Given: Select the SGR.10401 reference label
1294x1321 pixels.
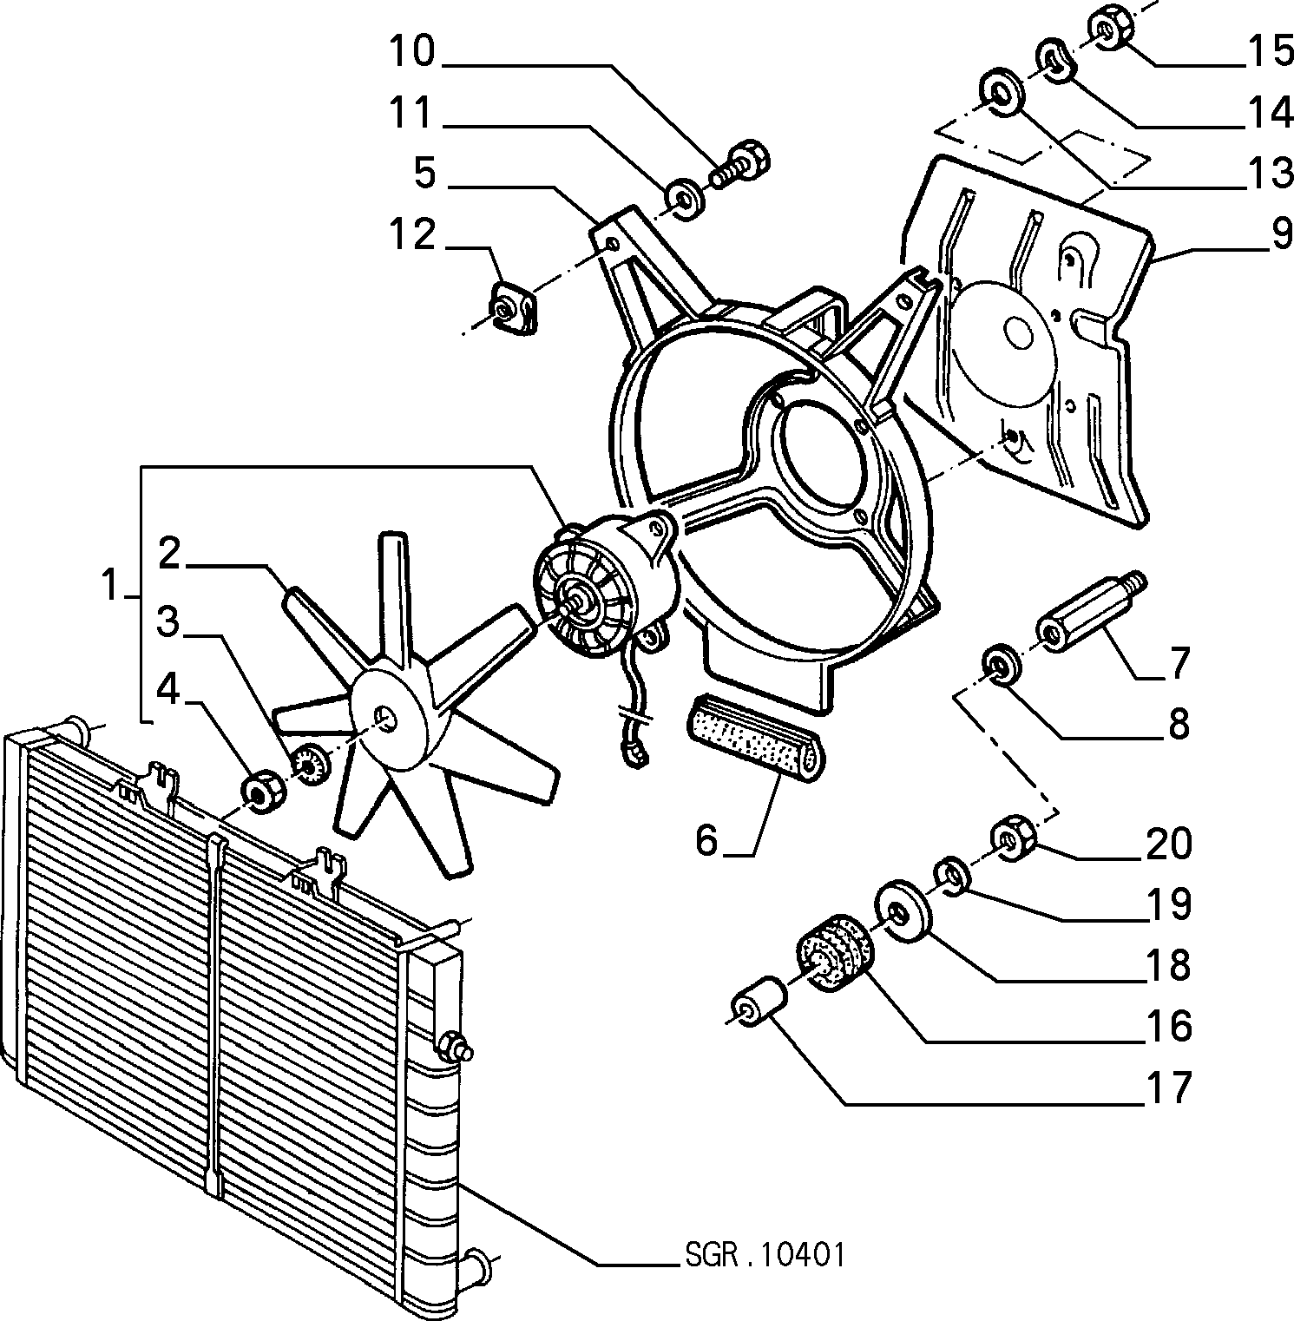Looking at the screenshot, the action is [764, 1254].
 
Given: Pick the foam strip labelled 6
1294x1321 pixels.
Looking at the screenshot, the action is [757, 734].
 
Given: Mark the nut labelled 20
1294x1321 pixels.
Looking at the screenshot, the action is [1010, 838].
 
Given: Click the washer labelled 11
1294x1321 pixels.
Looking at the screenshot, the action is [686, 200].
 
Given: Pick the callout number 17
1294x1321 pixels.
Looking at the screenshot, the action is [1170, 1087].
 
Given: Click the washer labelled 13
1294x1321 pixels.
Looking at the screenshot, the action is [1001, 92].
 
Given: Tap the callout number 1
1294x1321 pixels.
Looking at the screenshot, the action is [110, 585].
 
